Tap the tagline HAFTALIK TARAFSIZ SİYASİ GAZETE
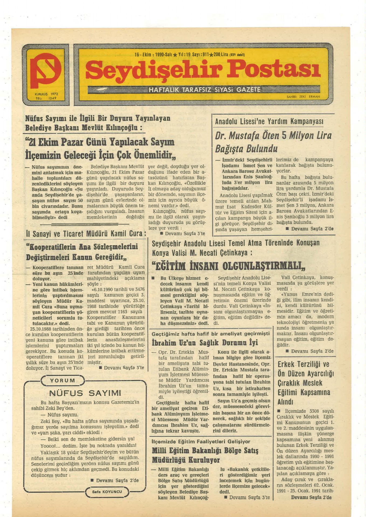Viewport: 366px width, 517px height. [x=205, y=90]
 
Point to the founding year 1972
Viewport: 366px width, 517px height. [x=54, y=94]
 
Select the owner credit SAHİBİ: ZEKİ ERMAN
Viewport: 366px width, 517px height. [x=303, y=96]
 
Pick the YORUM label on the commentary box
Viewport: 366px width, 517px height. [x=63, y=380]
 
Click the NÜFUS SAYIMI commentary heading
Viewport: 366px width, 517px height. [x=85, y=393]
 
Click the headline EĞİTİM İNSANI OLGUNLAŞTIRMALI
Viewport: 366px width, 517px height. [x=229, y=266]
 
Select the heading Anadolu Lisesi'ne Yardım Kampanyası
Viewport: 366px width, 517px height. [x=269, y=122]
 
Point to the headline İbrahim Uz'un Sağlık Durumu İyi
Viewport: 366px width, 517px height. [x=205, y=343]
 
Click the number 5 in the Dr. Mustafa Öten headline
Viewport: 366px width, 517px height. [x=284, y=135]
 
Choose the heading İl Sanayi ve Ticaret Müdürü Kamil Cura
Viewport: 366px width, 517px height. [x=86, y=233]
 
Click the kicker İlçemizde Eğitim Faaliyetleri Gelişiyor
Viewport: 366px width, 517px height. [x=201, y=442]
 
